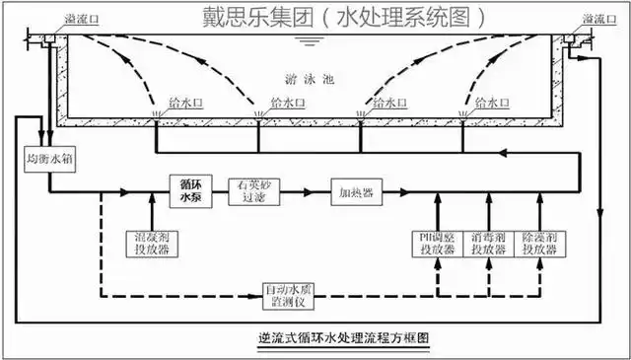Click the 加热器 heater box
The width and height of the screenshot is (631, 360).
(356, 191)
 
